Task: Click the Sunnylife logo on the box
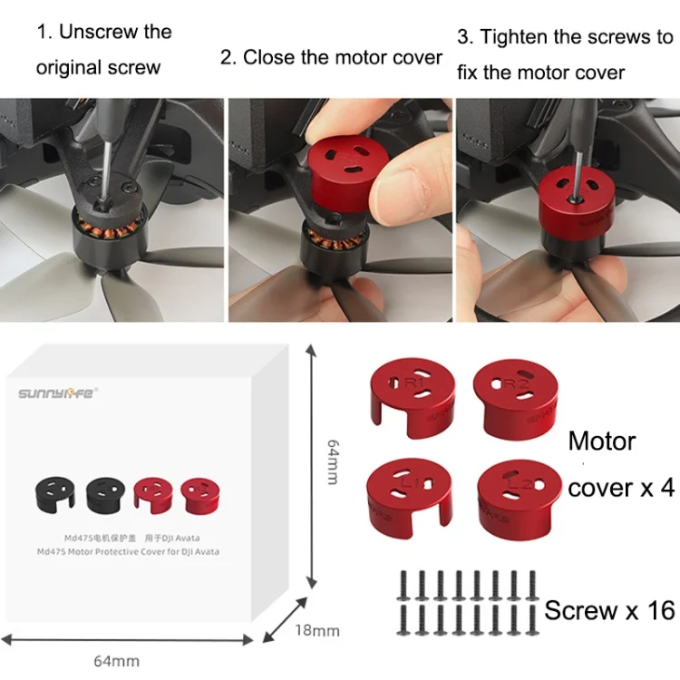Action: (x=58, y=393)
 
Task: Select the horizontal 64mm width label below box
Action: (x=117, y=661)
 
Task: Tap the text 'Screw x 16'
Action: (x=609, y=610)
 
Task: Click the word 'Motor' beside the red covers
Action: (x=602, y=442)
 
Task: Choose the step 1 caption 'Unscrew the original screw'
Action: (x=103, y=49)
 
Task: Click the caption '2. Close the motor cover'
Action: (x=331, y=56)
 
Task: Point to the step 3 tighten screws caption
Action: (x=565, y=53)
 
